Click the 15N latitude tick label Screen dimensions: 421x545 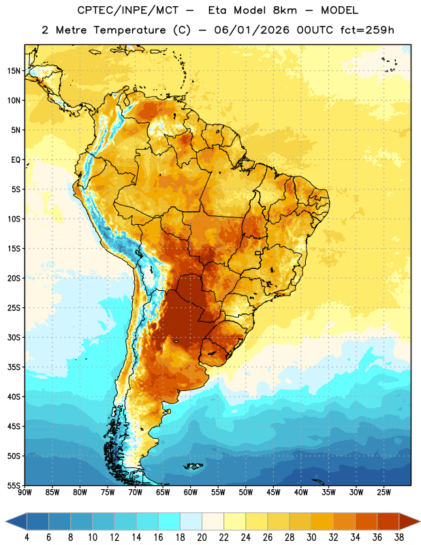tap(14, 71)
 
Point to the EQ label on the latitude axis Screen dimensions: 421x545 tap(16, 160)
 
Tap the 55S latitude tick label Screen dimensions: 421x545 tap(14, 486)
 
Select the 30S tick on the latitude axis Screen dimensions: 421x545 tap(14, 337)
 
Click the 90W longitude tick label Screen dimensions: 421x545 tap(25, 493)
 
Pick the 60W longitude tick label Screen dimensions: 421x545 tap(191, 493)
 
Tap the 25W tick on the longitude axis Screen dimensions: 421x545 tap(384, 493)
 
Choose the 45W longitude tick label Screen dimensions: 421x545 tap(273, 493)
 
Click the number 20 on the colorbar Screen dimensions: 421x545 tap(202, 538)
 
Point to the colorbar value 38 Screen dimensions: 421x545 tap(399, 538)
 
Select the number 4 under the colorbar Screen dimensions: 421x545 tap(27, 538)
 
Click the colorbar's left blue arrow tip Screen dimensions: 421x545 tap(5, 521)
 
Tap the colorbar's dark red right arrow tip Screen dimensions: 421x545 tap(420, 521)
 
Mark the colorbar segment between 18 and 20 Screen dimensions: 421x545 tap(191, 521)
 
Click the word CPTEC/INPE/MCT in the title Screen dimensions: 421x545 tap(128, 10)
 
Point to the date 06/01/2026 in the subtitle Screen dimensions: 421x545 tap(251, 30)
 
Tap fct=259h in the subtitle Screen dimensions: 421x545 tap(367, 30)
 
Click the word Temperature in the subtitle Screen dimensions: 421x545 tap(129, 30)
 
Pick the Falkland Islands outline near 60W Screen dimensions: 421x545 tap(193, 466)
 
